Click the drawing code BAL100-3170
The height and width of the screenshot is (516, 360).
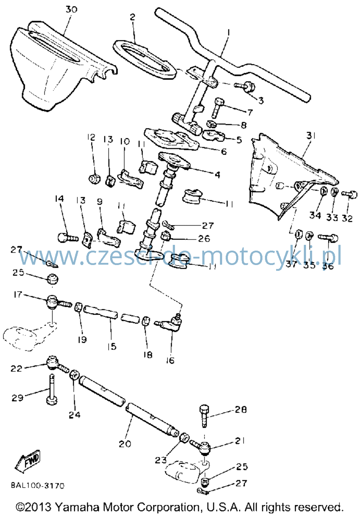point(37,486)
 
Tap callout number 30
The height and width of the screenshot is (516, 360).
point(72,9)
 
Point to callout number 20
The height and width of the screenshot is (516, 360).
point(125,443)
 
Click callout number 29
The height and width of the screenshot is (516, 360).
point(18,398)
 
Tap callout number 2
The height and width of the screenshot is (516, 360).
point(132,17)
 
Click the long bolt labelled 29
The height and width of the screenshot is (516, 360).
point(51,389)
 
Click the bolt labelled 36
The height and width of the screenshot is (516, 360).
point(328,237)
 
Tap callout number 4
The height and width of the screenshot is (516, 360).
point(217,175)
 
